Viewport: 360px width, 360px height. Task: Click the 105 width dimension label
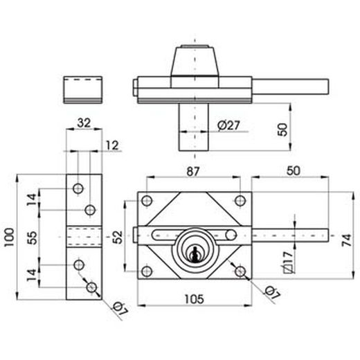(x=195, y=299)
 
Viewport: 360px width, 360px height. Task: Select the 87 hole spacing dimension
(x=193, y=172)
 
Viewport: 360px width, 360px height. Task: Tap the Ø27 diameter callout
(x=228, y=125)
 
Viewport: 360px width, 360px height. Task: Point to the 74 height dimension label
(x=347, y=240)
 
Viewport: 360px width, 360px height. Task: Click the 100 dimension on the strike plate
(x=10, y=237)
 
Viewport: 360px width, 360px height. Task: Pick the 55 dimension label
(x=32, y=237)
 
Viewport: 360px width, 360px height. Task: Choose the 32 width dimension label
(x=84, y=123)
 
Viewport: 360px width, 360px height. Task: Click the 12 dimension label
(x=112, y=145)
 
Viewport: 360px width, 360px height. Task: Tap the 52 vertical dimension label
(x=118, y=237)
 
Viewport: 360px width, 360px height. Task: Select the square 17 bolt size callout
(x=288, y=262)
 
